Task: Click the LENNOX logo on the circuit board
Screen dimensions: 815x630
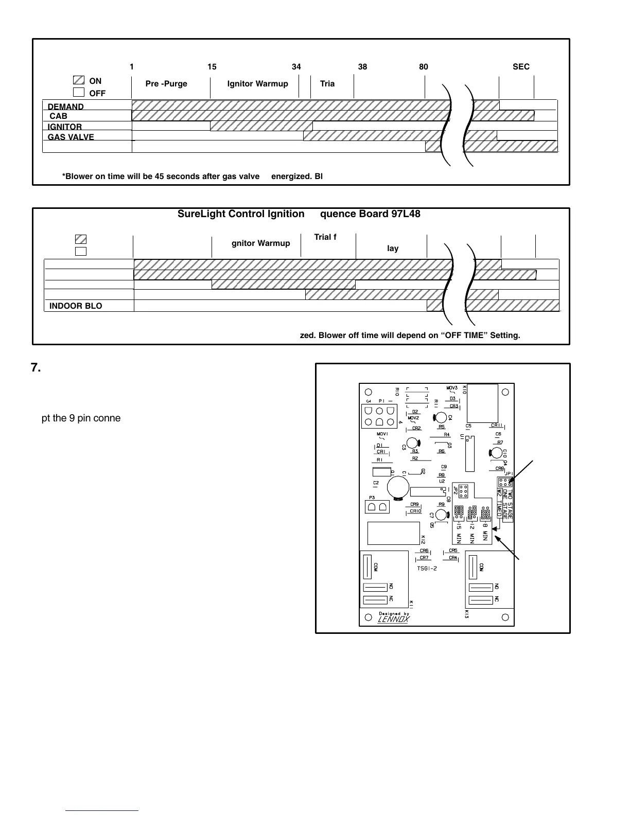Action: click(x=393, y=619)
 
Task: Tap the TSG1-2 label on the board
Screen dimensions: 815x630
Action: click(x=427, y=569)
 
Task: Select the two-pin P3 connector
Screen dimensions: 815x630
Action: click(x=377, y=507)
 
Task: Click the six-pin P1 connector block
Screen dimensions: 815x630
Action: click(x=380, y=416)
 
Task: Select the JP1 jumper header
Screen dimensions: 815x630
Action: click(x=505, y=482)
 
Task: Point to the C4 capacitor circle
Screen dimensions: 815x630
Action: click(x=441, y=417)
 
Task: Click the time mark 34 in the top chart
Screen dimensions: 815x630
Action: click(x=296, y=67)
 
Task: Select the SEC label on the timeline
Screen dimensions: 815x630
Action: click(x=521, y=67)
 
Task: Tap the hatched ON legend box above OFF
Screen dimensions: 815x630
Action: click(x=79, y=80)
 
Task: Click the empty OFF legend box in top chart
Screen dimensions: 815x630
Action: click(x=79, y=93)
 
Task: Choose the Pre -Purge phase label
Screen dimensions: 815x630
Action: click(x=166, y=84)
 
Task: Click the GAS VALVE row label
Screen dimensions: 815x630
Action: click(x=71, y=137)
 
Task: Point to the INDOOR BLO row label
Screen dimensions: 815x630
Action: click(x=76, y=306)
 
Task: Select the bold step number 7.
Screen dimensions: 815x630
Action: click(x=36, y=368)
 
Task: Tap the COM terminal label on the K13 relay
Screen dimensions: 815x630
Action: click(x=481, y=567)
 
